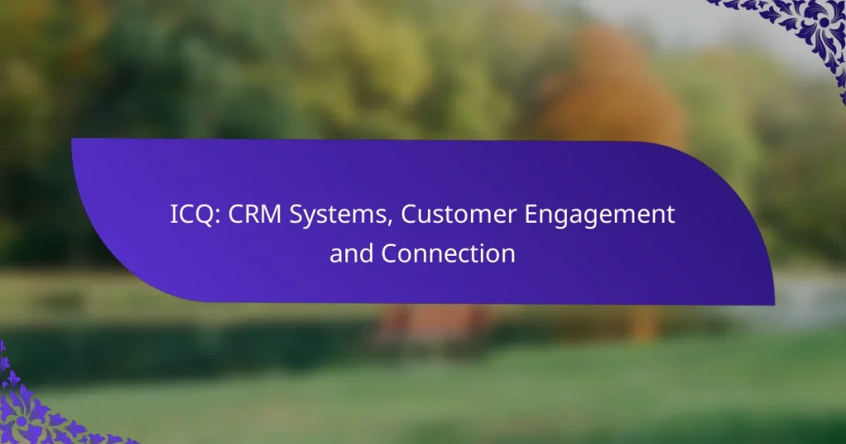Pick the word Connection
449,254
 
